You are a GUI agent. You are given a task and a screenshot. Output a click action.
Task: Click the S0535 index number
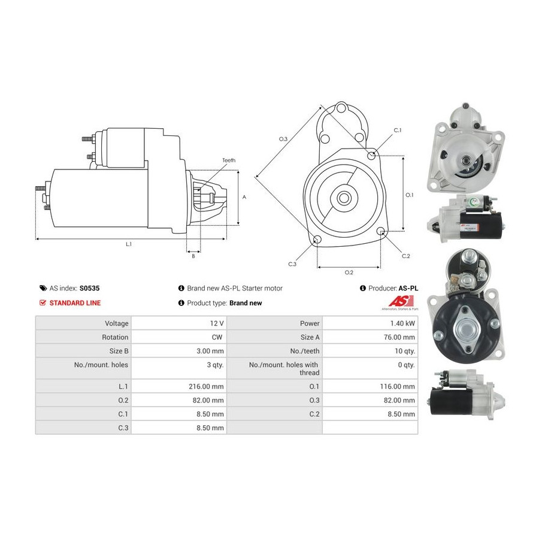[89, 289]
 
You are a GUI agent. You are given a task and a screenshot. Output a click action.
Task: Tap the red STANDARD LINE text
[75, 303]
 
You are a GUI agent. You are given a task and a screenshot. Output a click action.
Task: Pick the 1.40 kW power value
[402, 323]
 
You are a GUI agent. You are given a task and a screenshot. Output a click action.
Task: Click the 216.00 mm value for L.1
[206, 386]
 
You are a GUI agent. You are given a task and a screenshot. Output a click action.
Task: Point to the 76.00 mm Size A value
[399, 337]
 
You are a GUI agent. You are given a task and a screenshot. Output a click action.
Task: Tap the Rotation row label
[115, 337]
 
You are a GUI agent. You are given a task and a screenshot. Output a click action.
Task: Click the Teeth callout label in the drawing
[229, 160]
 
